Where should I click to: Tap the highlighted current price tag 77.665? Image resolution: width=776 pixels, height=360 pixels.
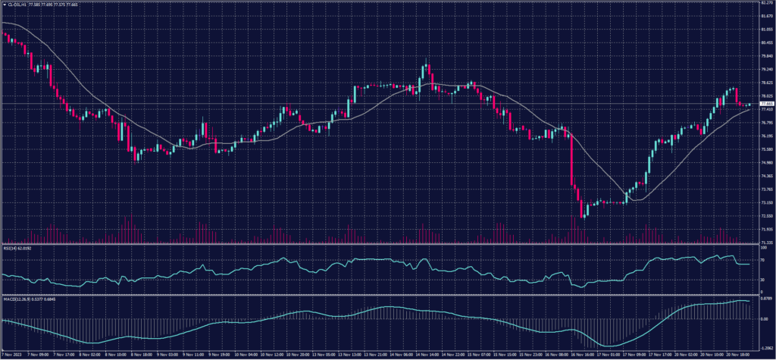coord(765,104)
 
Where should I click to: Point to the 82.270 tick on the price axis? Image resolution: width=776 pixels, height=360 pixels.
coord(765,3)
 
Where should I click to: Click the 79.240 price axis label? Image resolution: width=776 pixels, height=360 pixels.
coord(765,69)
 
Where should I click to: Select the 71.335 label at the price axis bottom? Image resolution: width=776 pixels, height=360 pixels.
coord(765,241)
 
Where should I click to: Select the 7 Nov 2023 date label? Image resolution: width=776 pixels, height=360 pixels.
coord(12,355)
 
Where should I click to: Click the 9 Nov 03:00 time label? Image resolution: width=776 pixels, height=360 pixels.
coord(168,355)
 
